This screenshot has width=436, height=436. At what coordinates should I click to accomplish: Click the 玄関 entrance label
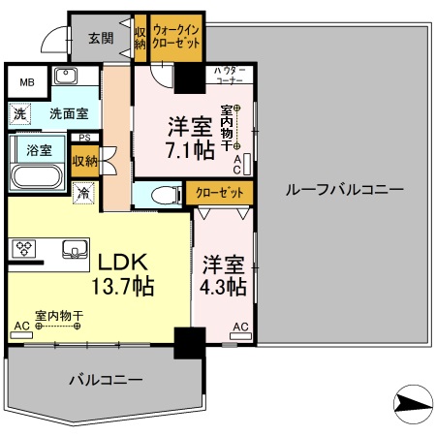[x=101, y=38]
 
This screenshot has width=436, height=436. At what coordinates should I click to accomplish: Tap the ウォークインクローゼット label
[x=174, y=38]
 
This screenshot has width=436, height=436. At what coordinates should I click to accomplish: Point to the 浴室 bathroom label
[x=39, y=151]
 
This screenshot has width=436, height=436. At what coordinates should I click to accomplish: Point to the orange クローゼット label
[x=219, y=192]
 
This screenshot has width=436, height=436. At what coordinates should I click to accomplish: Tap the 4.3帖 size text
[x=224, y=287]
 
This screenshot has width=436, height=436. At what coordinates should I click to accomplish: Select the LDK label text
[x=119, y=261]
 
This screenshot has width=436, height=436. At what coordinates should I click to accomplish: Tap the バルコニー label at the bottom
[x=105, y=378]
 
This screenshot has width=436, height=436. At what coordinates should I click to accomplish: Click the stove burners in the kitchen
[x=22, y=249]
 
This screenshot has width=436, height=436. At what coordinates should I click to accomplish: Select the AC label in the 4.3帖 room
[x=240, y=327]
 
